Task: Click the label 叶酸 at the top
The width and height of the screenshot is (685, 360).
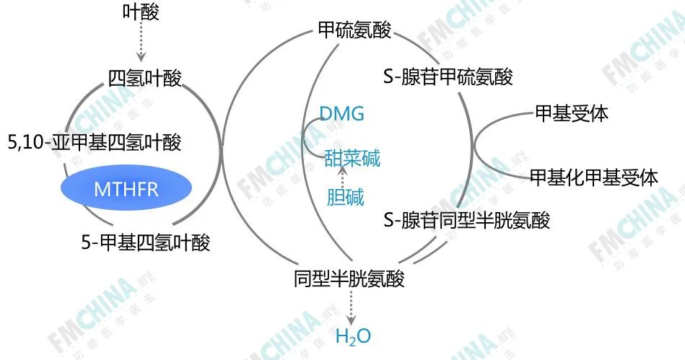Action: [141, 12]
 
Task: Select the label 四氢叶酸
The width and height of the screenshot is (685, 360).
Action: [144, 79]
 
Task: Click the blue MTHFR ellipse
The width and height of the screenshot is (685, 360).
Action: [126, 189]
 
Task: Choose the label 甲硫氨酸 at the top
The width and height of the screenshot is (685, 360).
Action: [354, 30]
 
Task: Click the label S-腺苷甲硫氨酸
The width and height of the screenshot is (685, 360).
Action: [448, 76]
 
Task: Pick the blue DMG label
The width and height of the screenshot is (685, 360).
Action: [342, 114]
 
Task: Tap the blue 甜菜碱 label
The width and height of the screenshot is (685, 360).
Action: [352, 158]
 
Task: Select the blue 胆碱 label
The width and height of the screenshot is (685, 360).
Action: [345, 197]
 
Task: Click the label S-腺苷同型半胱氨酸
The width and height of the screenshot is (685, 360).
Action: [466, 220]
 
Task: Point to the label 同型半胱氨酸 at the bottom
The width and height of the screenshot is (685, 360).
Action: [349, 278]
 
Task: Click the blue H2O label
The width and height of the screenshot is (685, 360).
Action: [353, 335]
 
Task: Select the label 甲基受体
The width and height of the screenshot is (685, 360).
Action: [571, 113]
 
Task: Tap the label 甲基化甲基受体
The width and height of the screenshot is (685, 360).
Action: [593, 177]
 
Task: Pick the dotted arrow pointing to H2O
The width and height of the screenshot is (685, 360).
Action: [352, 307]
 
